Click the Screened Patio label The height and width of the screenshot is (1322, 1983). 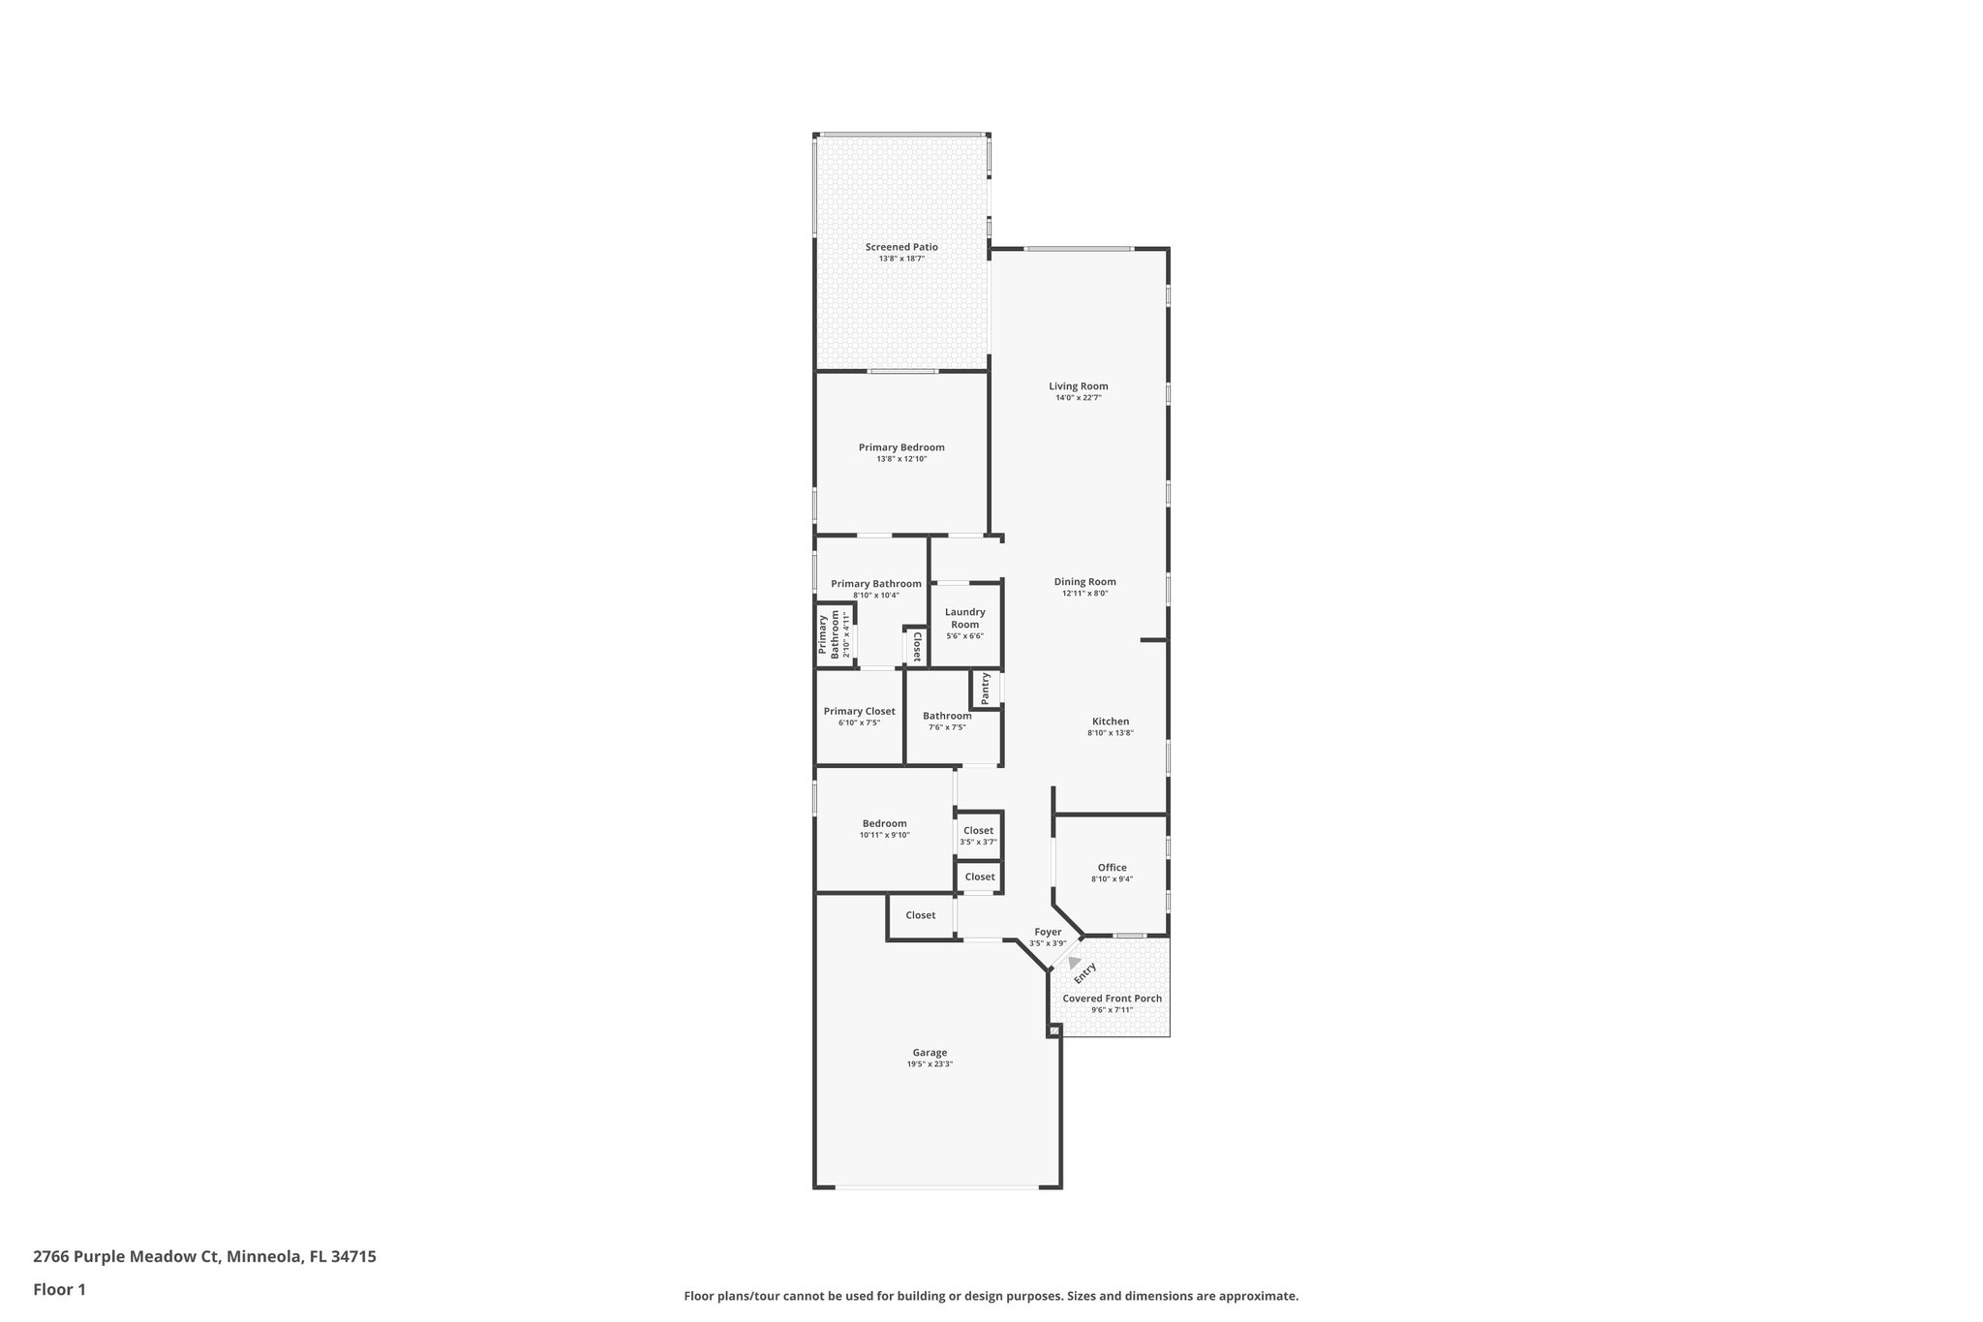(901, 247)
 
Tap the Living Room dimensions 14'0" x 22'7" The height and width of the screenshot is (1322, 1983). (1079, 398)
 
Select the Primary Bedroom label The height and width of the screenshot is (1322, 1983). (901, 447)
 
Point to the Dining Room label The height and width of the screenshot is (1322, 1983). (1084, 582)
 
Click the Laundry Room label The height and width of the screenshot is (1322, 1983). (964, 618)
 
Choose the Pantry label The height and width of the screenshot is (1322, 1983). (986, 689)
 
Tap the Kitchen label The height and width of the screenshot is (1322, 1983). (1111, 722)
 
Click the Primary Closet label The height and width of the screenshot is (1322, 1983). (859, 711)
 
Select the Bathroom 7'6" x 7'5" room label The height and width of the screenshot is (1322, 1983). (947, 717)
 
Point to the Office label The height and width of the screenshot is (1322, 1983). (1112, 868)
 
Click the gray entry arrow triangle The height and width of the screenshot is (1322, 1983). (1074, 963)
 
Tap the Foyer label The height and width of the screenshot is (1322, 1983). (1048, 932)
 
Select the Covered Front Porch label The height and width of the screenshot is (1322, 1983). (1112, 999)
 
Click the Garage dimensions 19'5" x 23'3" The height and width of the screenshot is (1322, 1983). (930, 1064)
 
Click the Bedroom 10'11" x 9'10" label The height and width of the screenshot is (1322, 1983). (884, 824)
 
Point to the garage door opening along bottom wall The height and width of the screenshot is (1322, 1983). (936, 1186)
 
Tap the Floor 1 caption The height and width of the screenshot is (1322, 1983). (59, 1290)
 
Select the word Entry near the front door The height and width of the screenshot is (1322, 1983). (1085, 971)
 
